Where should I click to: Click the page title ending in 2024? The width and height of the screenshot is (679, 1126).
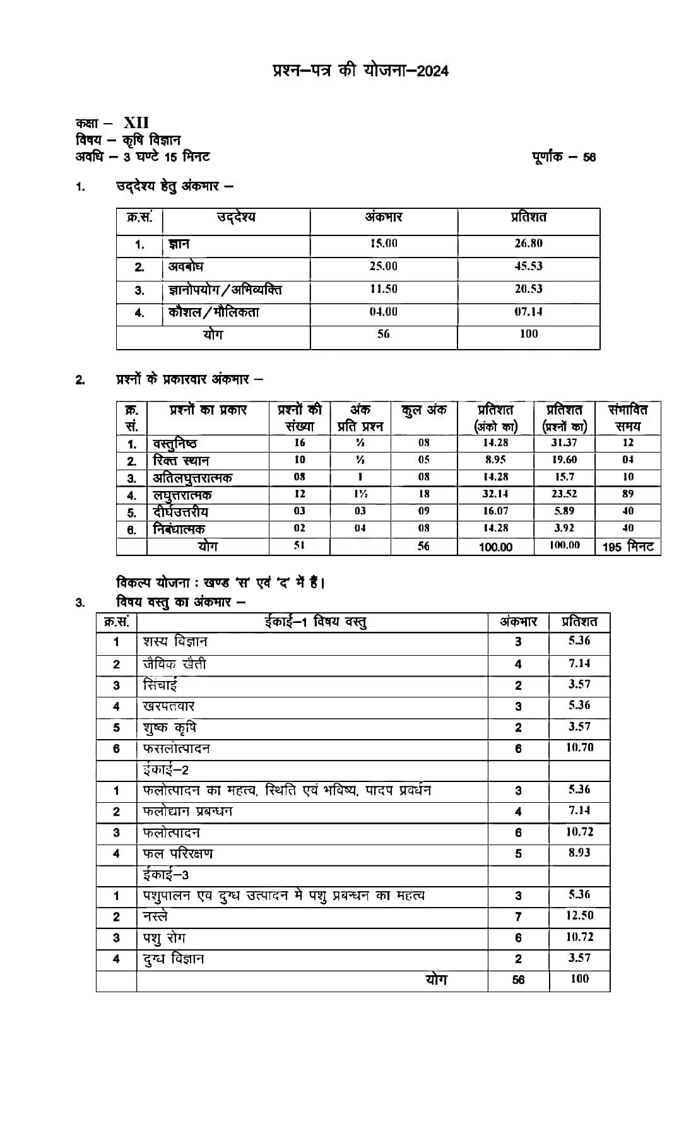pyautogui.click(x=360, y=71)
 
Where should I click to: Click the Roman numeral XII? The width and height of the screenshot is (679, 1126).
pyautogui.click(x=136, y=122)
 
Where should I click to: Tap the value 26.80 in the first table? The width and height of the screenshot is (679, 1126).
pyautogui.click(x=528, y=244)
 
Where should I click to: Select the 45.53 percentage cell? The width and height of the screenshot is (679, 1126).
pyautogui.click(x=528, y=266)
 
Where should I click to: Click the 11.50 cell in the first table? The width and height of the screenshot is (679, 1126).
pyautogui.click(x=383, y=289)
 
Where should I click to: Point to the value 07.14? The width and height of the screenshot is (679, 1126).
pyautogui.click(x=528, y=312)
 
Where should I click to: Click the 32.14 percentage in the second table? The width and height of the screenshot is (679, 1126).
pyautogui.click(x=495, y=494)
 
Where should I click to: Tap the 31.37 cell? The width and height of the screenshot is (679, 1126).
pyautogui.click(x=564, y=443)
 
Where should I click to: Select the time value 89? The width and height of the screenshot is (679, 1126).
pyautogui.click(x=627, y=494)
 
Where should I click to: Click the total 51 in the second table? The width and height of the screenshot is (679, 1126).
pyautogui.click(x=299, y=545)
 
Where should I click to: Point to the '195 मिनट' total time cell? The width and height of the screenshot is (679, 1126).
pyautogui.click(x=628, y=547)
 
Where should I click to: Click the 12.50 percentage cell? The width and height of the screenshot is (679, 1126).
pyautogui.click(x=579, y=916)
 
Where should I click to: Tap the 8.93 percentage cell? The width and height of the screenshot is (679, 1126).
pyautogui.click(x=579, y=853)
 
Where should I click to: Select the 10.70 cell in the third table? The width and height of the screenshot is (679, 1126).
pyautogui.click(x=579, y=748)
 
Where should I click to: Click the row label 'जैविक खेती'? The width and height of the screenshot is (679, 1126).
pyautogui.click(x=174, y=664)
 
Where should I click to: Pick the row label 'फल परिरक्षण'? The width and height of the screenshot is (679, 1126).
pyautogui.click(x=178, y=853)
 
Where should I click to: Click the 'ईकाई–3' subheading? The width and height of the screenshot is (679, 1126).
pyautogui.click(x=165, y=875)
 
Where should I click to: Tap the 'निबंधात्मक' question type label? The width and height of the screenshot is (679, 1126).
pyautogui.click(x=179, y=529)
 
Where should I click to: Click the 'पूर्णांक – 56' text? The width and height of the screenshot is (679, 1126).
pyautogui.click(x=564, y=157)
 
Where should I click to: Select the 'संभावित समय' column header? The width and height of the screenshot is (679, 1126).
pyautogui.click(x=627, y=418)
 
